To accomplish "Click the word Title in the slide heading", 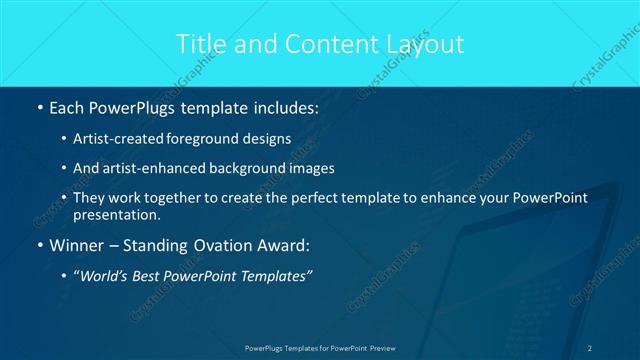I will tap(199, 44).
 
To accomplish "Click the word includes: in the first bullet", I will tap(283, 106).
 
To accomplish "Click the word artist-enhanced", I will tap(150, 168).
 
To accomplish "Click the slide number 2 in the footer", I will tap(590, 348).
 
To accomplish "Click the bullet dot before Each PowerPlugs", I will tap(39, 106).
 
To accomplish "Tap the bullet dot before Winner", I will tap(39, 245).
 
